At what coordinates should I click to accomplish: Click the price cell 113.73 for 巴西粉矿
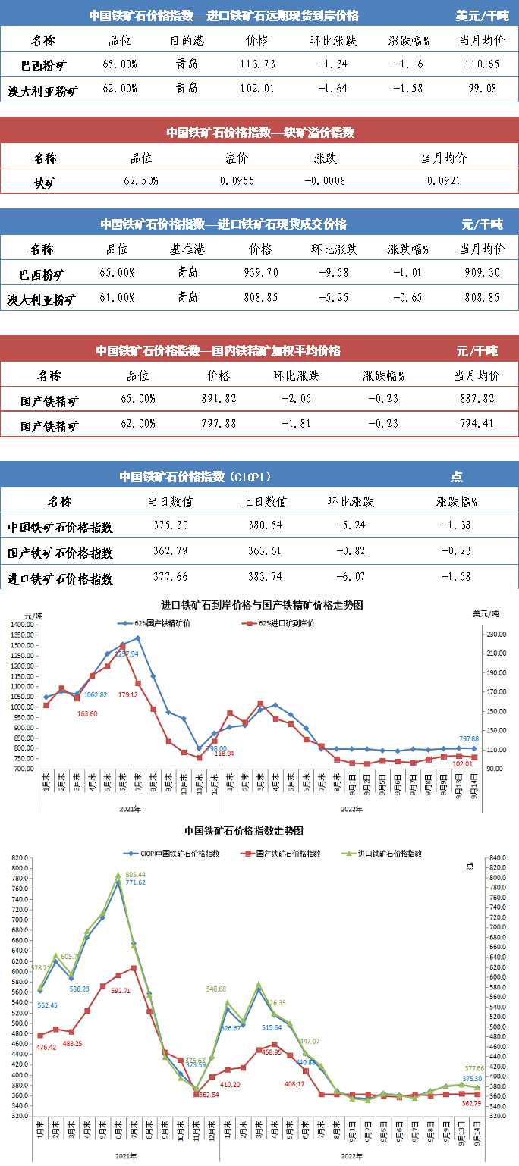point(257,65)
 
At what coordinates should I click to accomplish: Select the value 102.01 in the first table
point(257,89)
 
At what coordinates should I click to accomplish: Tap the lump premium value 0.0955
point(237,181)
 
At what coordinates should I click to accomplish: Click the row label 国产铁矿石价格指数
point(60,552)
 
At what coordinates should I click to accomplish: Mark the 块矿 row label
point(45,182)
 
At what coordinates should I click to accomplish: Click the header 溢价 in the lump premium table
point(237,158)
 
